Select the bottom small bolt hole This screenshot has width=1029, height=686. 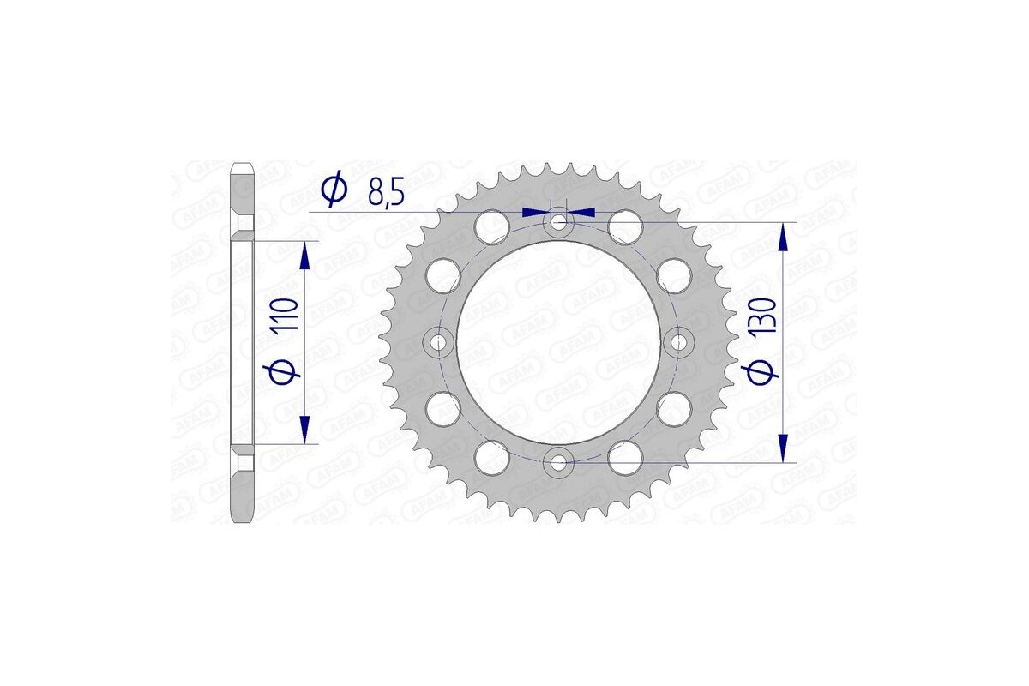pyautogui.click(x=559, y=463)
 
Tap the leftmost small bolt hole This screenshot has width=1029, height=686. pyautogui.click(x=440, y=343)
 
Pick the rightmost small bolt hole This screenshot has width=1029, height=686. pyautogui.click(x=679, y=343)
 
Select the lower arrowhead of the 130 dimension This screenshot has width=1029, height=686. pyautogui.click(x=782, y=448)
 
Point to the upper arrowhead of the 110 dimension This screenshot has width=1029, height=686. pyautogui.click(x=304, y=255)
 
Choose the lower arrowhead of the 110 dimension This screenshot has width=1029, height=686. pyautogui.click(x=304, y=430)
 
